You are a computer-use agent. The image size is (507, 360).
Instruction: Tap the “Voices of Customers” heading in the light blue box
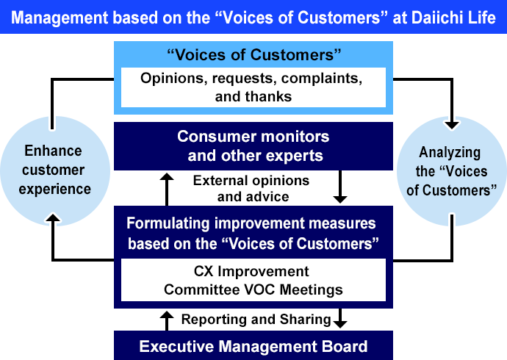253,54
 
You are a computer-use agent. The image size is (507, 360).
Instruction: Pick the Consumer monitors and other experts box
253,145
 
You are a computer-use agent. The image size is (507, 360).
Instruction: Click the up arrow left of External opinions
168,188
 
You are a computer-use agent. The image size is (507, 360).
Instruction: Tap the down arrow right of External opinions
339,188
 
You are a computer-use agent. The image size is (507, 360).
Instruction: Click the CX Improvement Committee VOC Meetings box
253,281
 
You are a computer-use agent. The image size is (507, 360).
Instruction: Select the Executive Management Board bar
253,346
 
